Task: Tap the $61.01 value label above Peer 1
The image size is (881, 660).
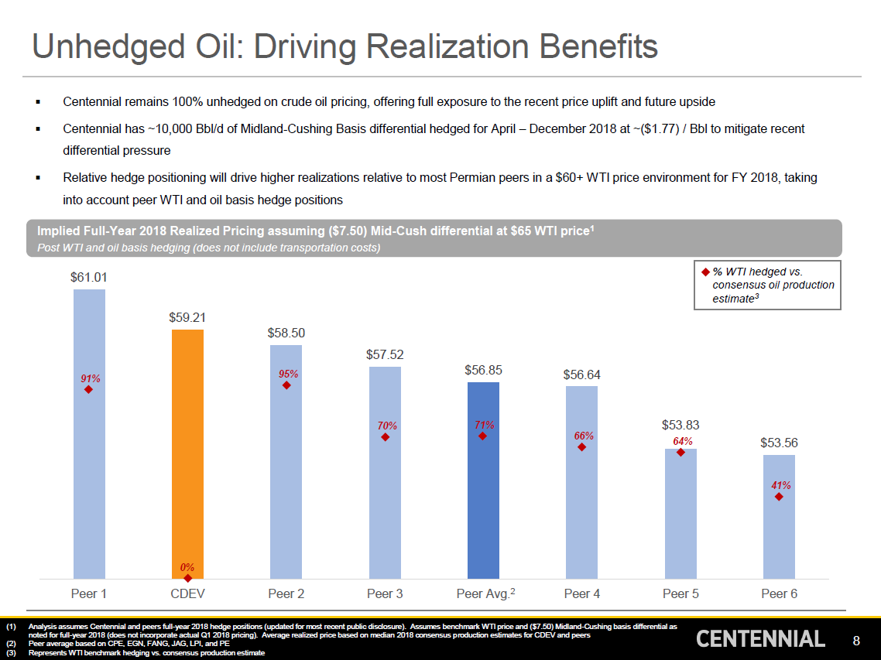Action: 89,277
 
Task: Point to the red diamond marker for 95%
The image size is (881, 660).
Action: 286,385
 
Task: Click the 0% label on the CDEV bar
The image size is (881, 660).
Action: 187,567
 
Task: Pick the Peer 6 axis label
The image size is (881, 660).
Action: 779,594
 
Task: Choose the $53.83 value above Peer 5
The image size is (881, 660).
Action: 680,425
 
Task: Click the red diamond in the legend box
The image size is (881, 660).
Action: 705,272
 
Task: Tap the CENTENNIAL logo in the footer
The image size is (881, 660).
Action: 760,639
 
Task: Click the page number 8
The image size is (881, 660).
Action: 856,641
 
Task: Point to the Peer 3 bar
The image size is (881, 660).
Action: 385,503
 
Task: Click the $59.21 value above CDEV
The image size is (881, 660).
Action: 187,317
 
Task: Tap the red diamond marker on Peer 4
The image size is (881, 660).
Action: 582,447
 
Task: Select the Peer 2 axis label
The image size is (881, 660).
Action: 286,594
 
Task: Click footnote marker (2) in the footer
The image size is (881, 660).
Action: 11,644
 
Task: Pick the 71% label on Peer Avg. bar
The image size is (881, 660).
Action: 484,425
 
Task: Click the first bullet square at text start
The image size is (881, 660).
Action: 37,102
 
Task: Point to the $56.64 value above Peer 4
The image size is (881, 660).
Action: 582,375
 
